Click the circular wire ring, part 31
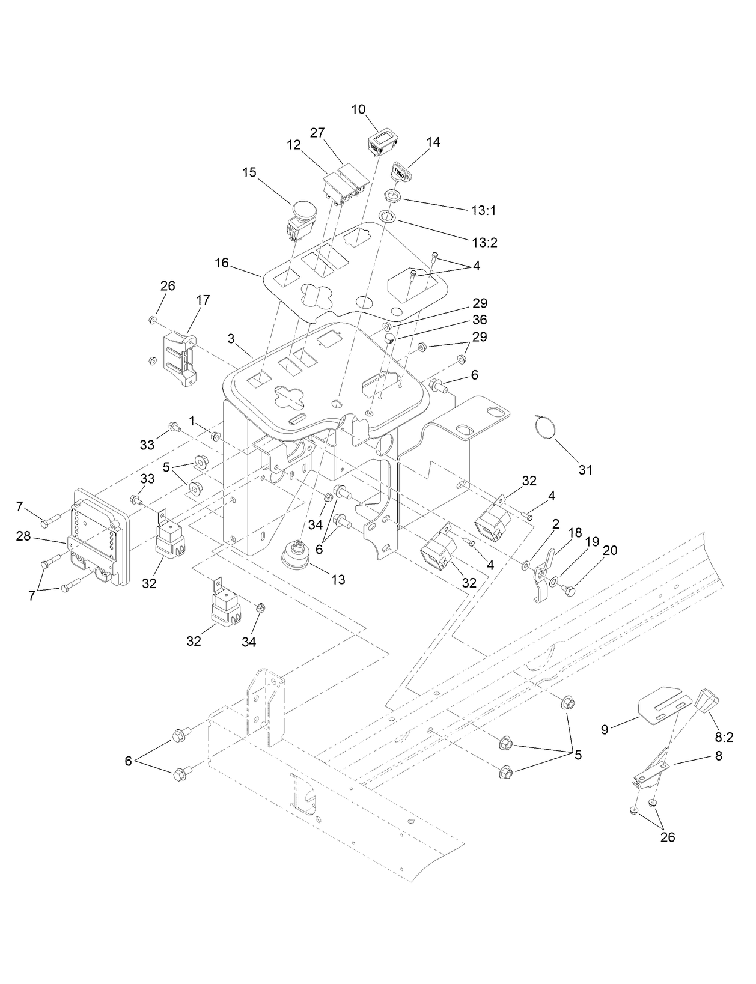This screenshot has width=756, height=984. click(545, 427)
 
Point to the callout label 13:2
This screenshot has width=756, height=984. click(484, 243)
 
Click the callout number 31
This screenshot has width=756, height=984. click(585, 470)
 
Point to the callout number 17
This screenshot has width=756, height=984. click(203, 300)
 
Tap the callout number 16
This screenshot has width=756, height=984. click(222, 263)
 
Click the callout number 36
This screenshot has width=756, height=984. click(480, 320)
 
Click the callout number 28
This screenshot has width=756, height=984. click(23, 536)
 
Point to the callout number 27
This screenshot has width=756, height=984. click(317, 132)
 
